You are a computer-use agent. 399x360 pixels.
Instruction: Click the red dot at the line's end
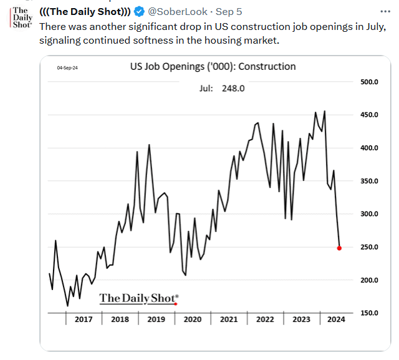click(339, 248)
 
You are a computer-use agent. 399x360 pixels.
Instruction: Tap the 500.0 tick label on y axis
click(370, 82)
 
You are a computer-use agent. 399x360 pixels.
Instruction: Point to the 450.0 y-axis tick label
click(370, 115)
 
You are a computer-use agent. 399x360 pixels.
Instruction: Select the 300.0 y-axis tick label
click(370, 214)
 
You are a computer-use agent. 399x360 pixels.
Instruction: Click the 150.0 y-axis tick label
click(370, 313)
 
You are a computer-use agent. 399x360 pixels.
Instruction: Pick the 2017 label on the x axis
click(84, 319)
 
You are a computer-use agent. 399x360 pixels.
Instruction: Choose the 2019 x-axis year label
click(156, 319)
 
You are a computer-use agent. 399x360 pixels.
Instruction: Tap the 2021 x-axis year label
click(228, 319)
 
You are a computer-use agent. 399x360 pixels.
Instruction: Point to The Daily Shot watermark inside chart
click(138, 298)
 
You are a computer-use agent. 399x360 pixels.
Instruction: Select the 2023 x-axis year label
click(300, 319)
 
